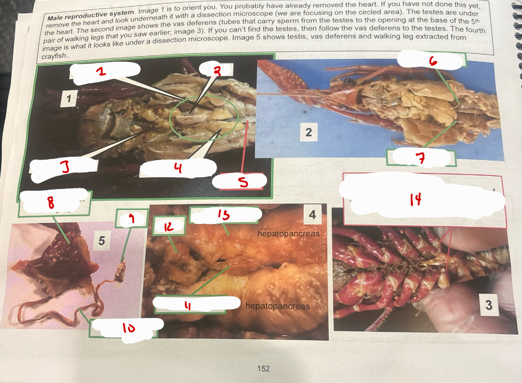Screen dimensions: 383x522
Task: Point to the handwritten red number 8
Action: click(52, 203)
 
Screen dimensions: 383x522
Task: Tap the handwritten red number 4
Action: click(179, 167)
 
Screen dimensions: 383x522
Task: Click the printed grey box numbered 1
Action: click(68, 100)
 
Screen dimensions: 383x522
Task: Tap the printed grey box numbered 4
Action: click(312, 214)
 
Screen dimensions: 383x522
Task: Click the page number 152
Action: click(263, 369)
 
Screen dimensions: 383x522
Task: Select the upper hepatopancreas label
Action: click(288, 233)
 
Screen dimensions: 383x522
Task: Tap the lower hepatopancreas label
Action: click(277, 306)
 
